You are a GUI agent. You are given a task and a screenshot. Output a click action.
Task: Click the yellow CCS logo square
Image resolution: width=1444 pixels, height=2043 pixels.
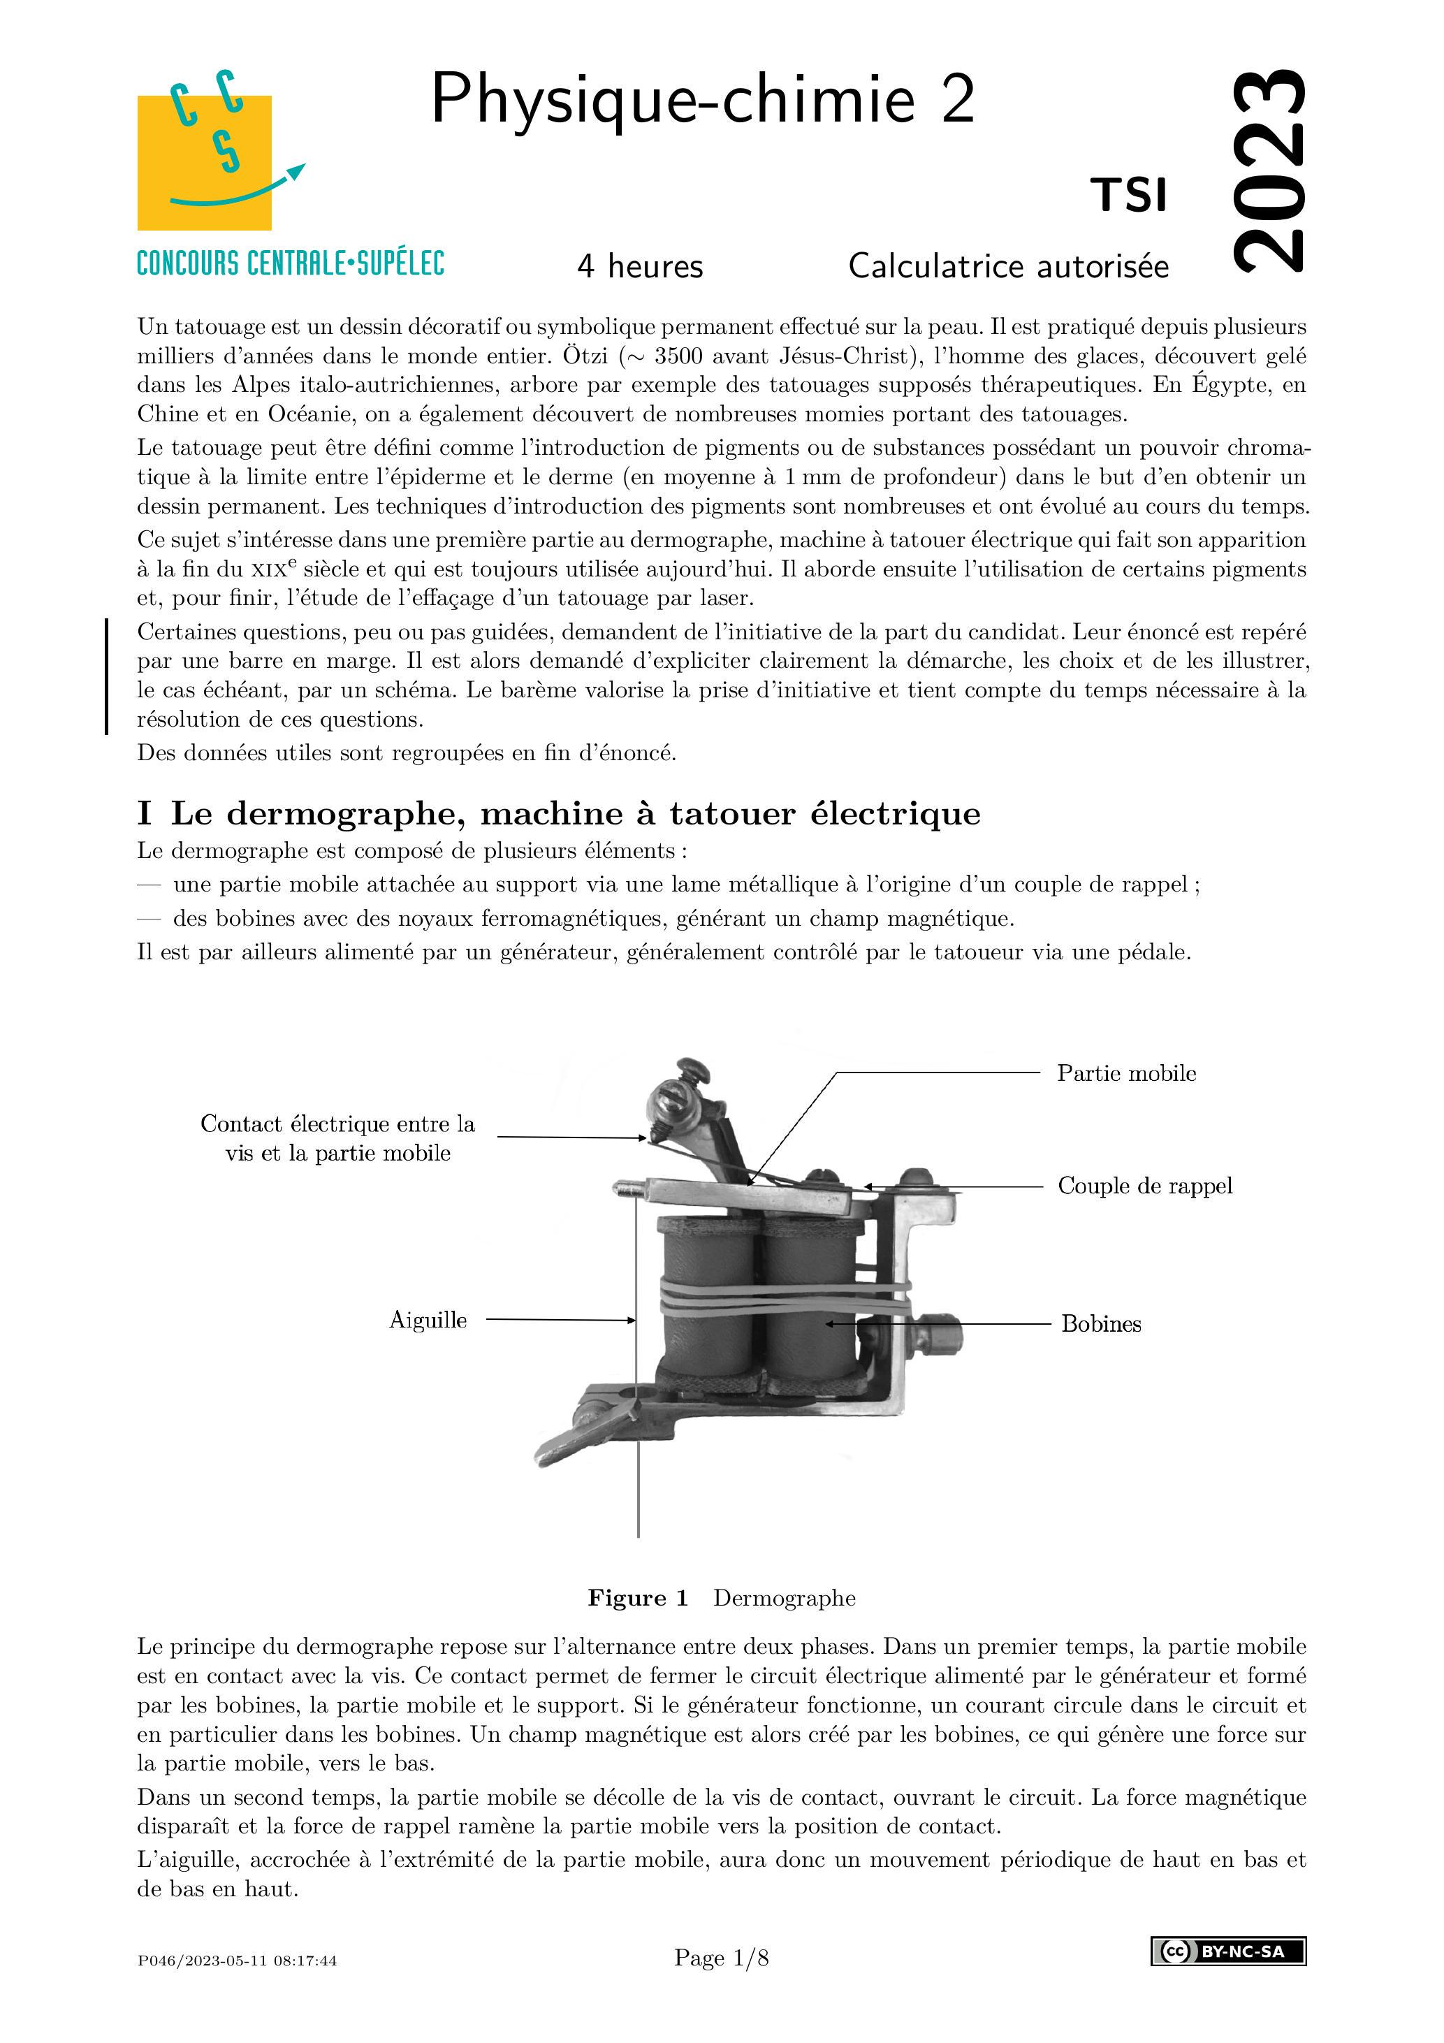pos(204,162)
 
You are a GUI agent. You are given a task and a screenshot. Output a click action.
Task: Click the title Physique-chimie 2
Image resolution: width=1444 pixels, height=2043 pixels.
pos(703,100)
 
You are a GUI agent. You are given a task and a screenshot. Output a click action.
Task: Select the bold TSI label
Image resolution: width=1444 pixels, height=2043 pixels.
pos(1129,196)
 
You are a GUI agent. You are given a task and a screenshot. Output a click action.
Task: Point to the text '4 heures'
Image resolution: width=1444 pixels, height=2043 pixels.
pos(640,266)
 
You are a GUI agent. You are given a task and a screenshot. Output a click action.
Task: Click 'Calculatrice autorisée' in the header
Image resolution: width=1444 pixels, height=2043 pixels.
pos(1008,266)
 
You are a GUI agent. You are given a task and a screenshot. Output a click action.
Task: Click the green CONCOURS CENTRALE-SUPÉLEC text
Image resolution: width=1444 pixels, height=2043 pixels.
pos(290,263)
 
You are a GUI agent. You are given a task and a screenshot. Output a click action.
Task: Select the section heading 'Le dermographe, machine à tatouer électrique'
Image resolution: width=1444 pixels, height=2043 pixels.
pos(575,813)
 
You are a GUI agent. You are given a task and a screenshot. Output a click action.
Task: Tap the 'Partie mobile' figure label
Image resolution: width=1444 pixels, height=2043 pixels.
pos(1126,1073)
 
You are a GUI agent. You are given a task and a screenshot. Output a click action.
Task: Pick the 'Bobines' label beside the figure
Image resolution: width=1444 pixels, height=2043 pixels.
pos(1100,1324)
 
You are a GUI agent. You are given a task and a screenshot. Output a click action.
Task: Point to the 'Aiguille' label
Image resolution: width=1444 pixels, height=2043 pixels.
pos(428,1320)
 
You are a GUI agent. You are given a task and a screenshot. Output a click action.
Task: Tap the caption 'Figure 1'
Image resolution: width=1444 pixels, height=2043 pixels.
pos(638,1598)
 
